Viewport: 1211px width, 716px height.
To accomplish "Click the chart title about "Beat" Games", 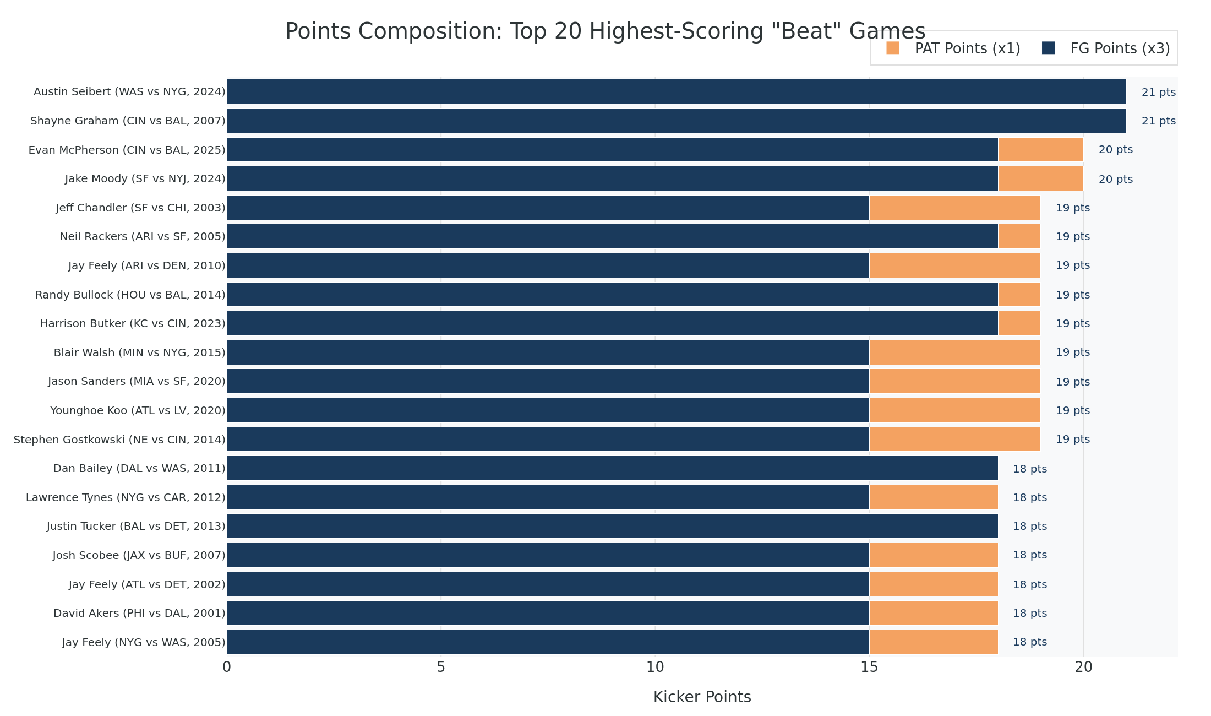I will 605,31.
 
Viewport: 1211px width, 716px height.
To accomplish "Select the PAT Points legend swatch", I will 892,48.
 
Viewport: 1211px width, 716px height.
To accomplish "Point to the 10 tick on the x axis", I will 655,668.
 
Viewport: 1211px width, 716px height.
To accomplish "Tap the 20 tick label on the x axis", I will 1083,668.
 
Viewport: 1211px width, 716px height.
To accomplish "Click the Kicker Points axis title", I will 702,697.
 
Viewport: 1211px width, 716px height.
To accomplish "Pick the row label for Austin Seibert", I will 129,92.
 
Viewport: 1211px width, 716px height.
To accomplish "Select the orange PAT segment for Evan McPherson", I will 1040,150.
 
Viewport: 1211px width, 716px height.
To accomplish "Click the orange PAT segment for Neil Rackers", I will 1019,236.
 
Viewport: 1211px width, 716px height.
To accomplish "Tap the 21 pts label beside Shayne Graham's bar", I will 1158,121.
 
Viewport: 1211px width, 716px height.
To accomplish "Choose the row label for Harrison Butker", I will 132,323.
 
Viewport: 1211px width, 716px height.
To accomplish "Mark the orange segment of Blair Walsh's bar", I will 954,352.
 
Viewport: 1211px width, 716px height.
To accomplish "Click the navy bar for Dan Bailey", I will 612,468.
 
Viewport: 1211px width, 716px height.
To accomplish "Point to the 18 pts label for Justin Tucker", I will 1030,526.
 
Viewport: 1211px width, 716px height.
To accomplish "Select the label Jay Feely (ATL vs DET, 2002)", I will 147,584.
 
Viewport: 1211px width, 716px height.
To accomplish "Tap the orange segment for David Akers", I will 934,613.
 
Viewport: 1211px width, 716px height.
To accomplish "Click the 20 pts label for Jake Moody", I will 1115,179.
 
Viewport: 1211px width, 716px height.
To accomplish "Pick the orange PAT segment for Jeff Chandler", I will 954,208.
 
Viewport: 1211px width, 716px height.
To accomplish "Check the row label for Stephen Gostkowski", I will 119,440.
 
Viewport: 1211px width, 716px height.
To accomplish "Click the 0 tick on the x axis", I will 227,668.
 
